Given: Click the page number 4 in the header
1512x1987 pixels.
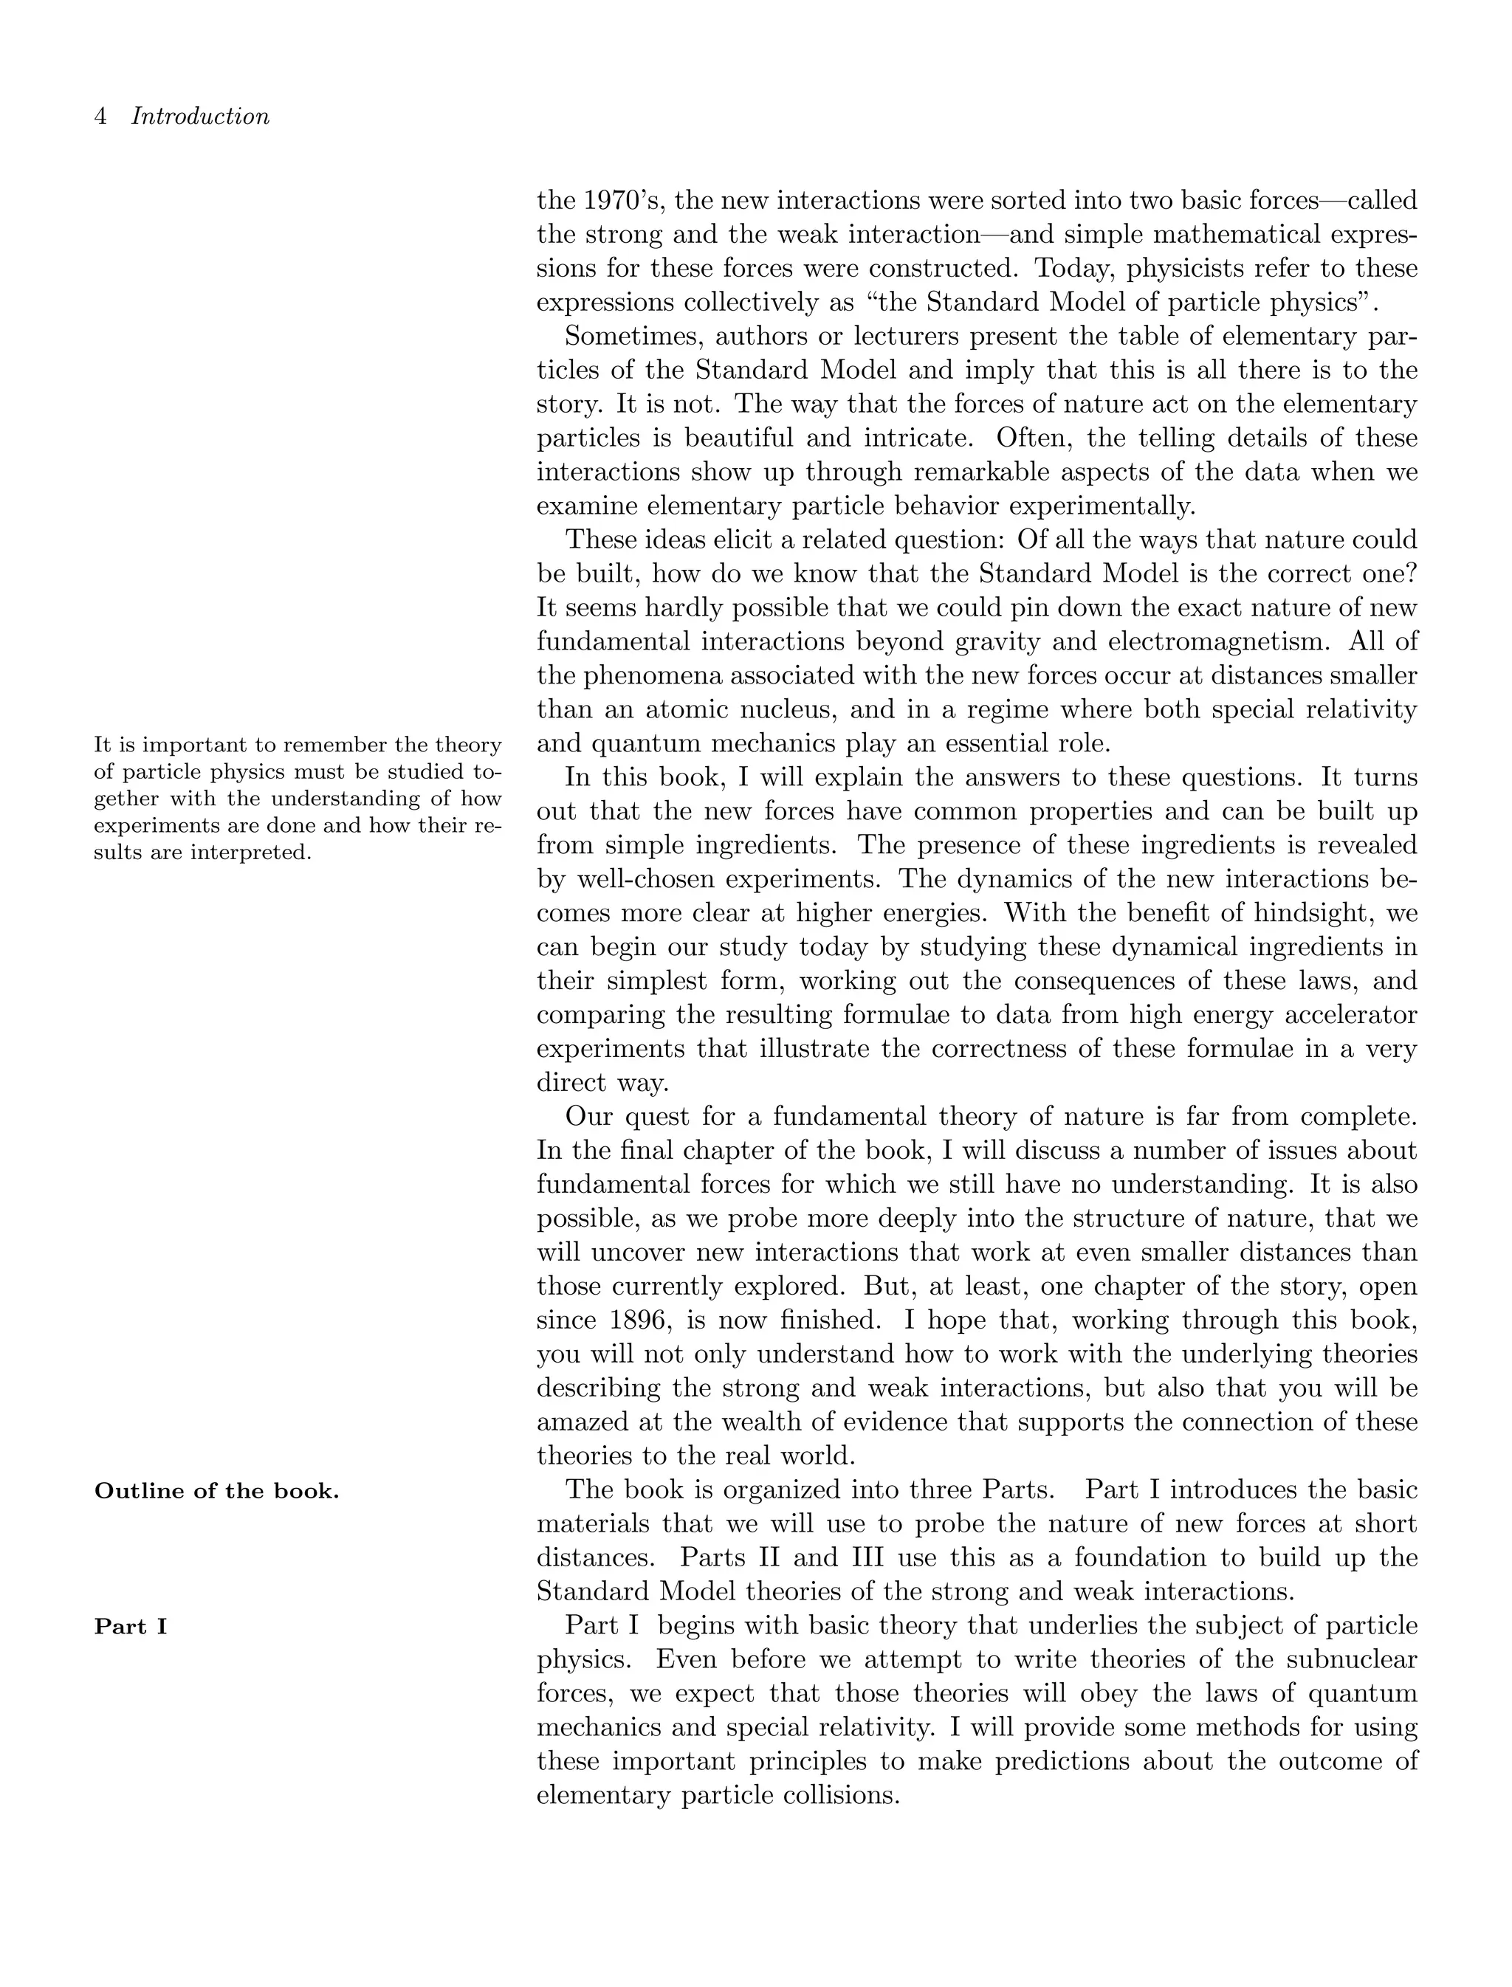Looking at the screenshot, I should coord(101,117).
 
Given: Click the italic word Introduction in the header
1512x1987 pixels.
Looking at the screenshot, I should coord(200,117).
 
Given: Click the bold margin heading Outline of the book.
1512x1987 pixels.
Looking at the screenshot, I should coord(217,1491).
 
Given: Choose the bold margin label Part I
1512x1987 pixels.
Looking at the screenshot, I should coord(131,1627).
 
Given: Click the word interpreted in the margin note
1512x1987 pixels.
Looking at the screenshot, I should coord(251,853).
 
